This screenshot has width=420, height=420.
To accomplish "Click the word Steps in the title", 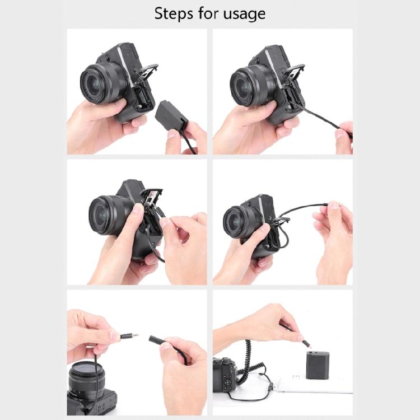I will (x=175, y=13).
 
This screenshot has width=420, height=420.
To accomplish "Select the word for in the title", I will (x=208, y=13).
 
